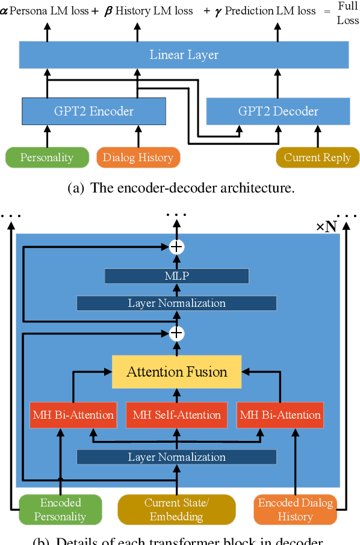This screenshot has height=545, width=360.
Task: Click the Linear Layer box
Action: pyautogui.click(x=184, y=55)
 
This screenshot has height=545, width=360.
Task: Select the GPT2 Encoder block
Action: pyautogui.click(x=93, y=111)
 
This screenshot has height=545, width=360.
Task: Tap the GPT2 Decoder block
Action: pyautogui.click(x=278, y=111)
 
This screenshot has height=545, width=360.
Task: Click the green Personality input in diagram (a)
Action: pyautogui.click(x=46, y=158)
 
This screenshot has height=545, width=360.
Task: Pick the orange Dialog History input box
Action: pyautogui.click(x=138, y=158)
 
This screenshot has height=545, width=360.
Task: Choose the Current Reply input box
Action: pyautogui.click(x=317, y=158)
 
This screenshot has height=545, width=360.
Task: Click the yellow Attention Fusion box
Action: pyautogui.click(x=176, y=371)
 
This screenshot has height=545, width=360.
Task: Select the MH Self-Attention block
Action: pyautogui.click(x=176, y=415)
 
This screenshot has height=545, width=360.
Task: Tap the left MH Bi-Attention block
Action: pyautogui.click(x=73, y=415)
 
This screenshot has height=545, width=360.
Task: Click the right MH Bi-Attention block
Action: pyautogui.click(x=280, y=415)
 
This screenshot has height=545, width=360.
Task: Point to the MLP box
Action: pyautogui.click(x=176, y=276)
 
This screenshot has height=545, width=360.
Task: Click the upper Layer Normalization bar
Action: pyautogui.click(x=176, y=303)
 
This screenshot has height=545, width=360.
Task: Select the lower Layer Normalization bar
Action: pyautogui.click(x=176, y=457)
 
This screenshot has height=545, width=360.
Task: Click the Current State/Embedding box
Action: pyautogui.click(x=176, y=510)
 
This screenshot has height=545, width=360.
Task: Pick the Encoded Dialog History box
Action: pyautogui.click(x=295, y=510)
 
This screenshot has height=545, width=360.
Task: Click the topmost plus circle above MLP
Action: pyautogui.click(x=176, y=247)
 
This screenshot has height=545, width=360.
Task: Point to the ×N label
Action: pyautogui.click(x=326, y=227)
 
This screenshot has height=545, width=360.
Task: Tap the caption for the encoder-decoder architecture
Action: pyautogui.click(x=181, y=188)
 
